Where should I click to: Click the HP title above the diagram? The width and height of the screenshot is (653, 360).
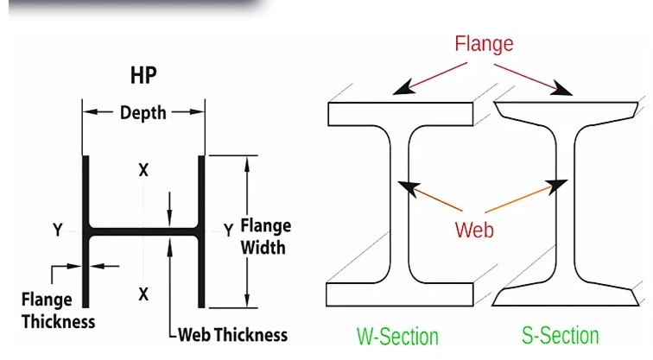(x=143, y=75)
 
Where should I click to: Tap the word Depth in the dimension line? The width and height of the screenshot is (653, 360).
(x=143, y=112)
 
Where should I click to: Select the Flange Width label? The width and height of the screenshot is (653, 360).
(x=266, y=237)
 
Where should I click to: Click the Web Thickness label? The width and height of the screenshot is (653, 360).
(x=233, y=335)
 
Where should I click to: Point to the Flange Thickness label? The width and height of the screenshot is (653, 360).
(x=59, y=311)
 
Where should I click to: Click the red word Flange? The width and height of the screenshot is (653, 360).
(x=484, y=44)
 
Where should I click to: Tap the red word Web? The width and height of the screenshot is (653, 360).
(x=474, y=230)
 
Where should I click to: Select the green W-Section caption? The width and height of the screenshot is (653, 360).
(x=397, y=337)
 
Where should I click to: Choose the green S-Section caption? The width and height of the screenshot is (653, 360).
(x=561, y=336)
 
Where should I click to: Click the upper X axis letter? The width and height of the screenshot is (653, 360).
(x=143, y=170)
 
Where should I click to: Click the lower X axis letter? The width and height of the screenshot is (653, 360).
(x=143, y=294)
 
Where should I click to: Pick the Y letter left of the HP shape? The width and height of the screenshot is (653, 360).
(x=58, y=230)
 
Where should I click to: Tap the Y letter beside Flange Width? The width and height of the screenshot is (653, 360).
(x=228, y=230)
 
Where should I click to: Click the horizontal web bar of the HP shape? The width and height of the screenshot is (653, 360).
(x=143, y=231)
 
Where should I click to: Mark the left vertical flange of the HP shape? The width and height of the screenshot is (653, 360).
(x=86, y=232)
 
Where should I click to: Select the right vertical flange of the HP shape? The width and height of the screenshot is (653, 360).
(x=201, y=232)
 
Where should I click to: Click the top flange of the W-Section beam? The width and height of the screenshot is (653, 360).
(x=400, y=114)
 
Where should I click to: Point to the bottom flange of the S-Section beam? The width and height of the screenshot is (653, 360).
(x=565, y=296)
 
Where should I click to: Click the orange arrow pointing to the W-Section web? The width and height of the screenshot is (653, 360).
(x=430, y=196)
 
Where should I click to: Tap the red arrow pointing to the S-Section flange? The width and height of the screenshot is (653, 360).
(x=533, y=79)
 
